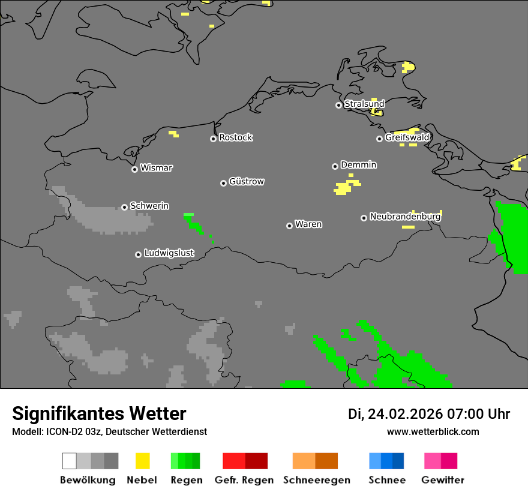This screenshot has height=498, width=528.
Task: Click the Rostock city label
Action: [x=236, y=137]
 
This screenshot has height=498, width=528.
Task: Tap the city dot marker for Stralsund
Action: [x=338, y=105]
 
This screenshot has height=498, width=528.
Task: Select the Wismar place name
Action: [x=156, y=168]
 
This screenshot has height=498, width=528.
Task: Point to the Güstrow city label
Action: [x=247, y=181]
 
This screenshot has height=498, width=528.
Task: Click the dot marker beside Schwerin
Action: [x=124, y=207]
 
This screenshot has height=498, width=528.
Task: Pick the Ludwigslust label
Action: [x=169, y=253]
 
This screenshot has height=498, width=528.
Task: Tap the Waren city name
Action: [x=308, y=224]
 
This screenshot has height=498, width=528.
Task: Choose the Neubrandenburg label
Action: [x=405, y=217]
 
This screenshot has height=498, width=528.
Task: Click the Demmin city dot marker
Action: [x=335, y=166]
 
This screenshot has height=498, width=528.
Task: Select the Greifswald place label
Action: [x=407, y=137]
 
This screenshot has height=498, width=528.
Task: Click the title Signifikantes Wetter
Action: [x=99, y=413]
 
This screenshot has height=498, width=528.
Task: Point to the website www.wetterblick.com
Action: [x=433, y=431]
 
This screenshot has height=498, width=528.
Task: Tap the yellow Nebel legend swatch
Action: [x=143, y=461]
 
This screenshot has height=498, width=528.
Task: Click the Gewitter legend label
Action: [x=443, y=480]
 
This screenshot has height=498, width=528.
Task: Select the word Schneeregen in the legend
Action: [x=317, y=480]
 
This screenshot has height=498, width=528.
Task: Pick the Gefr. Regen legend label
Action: [x=244, y=480]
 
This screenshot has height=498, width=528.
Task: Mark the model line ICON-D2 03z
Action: [x=109, y=431]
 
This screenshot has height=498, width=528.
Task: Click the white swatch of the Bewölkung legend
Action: [x=70, y=461]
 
